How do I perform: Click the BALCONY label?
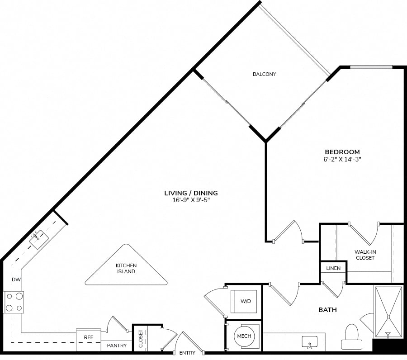pyautogui.click(x=264, y=74)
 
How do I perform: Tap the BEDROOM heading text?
pyautogui.click(x=342, y=152)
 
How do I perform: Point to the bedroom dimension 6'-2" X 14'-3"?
pyautogui.click(x=342, y=159)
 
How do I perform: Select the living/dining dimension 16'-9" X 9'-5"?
pyautogui.click(x=191, y=200)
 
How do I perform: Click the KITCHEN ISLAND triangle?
pyautogui.click(x=126, y=267)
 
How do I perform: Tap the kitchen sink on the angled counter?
pyautogui.click(x=39, y=239)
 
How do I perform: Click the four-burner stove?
pyautogui.click(x=14, y=302)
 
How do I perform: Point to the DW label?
pyautogui.click(x=16, y=279)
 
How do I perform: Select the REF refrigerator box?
pyautogui.click(x=89, y=340)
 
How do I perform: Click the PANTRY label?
pyautogui.click(x=117, y=346)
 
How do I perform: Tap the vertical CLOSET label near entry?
pyautogui.click(x=141, y=339)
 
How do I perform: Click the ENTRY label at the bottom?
pyautogui.click(x=187, y=353)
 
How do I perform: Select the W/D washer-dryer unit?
pyautogui.click(x=244, y=301)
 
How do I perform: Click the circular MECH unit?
pyautogui.click(x=244, y=336)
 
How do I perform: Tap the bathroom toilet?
pyautogui.click(x=352, y=336)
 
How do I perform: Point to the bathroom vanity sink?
pyautogui.click(x=310, y=342)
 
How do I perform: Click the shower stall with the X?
pyautogui.click(x=388, y=312)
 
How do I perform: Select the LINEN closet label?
pyautogui.click(x=333, y=268)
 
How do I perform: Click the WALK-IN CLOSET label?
pyautogui.click(x=365, y=255)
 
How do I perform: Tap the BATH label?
pyautogui.click(x=327, y=310)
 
